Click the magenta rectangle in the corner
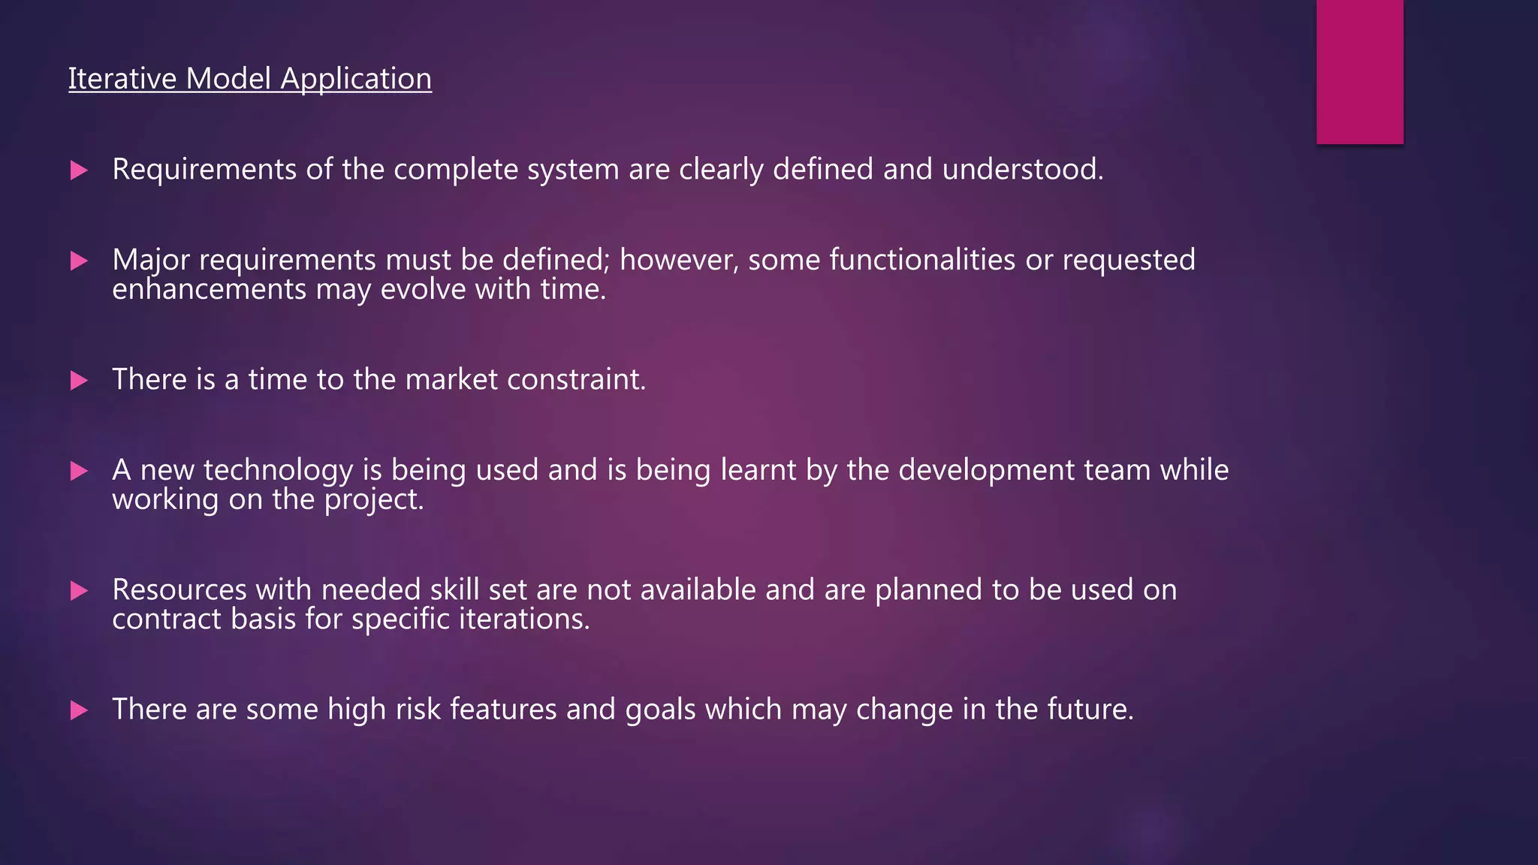click(1359, 71)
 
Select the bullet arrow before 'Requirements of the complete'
click(79, 170)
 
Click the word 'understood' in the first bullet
click(1021, 170)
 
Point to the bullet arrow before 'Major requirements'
click(79, 261)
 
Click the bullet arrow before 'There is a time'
click(79, 381)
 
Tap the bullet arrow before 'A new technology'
click(79, 472)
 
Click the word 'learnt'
click(758, 470)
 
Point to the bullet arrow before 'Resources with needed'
click(79, 591)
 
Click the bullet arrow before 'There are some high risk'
click(79, 710)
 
